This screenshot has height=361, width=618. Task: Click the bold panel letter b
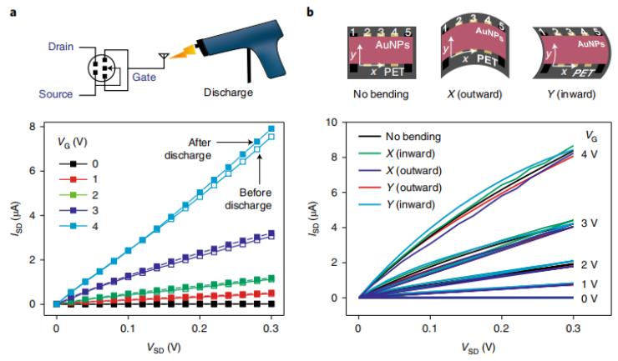coord(312,11)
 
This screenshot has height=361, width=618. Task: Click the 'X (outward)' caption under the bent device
coord(474,94)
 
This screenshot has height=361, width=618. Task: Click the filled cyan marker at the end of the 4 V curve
coord(271,129)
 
